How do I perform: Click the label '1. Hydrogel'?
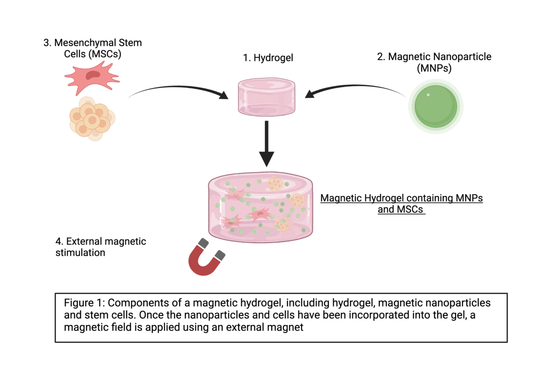coord(267,58)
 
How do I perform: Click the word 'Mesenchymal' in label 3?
coord(87,43)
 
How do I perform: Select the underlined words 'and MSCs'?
coord(401,210)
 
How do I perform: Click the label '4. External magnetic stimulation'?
coord(101,247)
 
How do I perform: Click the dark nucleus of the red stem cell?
coord(93,75)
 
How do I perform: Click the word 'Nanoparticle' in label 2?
coord(462,57)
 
